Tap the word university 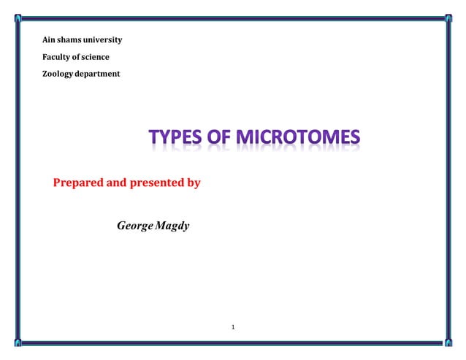point(103,39)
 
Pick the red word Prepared point(79,183)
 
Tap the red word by point(193,183)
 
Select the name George point(134,226)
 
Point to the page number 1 point(232,326)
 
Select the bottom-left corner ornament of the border point(18,342)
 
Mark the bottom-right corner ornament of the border point(447,342)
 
